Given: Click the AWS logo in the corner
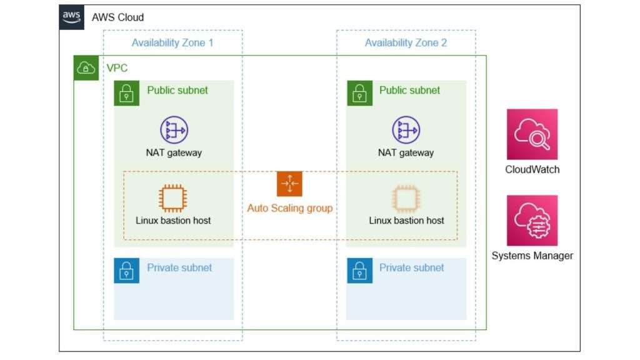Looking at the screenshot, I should (72, 17).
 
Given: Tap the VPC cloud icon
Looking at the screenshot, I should (86, 67).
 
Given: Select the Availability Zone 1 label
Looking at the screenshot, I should (172, 43).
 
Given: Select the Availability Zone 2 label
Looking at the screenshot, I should (406, 43).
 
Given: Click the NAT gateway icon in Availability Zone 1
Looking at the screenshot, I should (174, 130).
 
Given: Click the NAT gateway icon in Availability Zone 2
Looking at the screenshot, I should (406, 130).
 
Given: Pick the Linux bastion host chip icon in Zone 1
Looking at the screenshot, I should (173, 198).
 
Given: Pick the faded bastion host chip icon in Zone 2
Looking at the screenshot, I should (406, 198).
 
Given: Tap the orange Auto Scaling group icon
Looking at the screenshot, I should (289, 184).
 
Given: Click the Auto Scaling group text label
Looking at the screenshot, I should (289, 208).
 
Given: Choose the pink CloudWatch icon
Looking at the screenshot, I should (532, 134).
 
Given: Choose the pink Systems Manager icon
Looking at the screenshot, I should (532, 221).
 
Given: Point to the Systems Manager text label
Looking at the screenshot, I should (532, 256).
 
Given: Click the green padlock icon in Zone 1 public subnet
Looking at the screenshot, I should (126, 93).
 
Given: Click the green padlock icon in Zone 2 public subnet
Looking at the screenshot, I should (359, 93).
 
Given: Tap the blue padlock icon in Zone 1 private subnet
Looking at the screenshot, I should (126, 271).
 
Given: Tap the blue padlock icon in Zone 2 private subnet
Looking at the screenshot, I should (359, 271).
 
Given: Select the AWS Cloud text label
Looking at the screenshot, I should (117, 17).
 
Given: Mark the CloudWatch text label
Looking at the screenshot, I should (532, 170).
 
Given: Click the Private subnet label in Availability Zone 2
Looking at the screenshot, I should (411, 267).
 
